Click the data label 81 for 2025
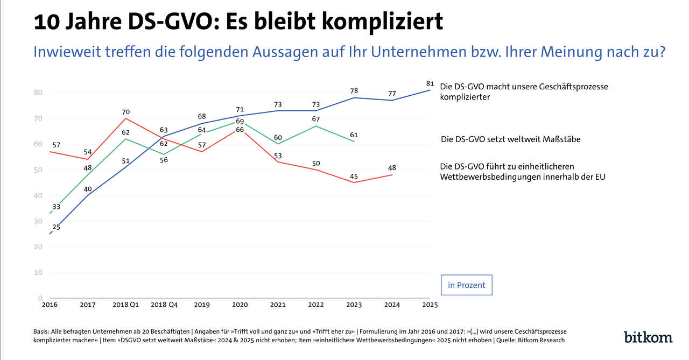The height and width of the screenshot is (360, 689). click(430, 83)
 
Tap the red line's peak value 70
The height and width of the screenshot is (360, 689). click(125, 112)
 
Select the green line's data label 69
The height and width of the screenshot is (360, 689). click(240, 121)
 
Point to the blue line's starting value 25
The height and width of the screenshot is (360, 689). click(57, 227)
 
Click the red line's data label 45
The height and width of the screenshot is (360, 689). click(354, 177)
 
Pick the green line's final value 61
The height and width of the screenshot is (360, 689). click(354, 135)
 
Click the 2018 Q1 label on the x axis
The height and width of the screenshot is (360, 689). click(125, 305)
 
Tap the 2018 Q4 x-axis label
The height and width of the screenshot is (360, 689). click(164, 305)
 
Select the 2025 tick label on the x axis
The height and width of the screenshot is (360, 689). click(430, 305)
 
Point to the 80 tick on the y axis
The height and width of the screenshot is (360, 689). click(38, 93)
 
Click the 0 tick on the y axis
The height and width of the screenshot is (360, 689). click(40, 298)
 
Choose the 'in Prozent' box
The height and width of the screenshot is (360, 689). click(466, 285)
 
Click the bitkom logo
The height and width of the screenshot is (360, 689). click(648, 337)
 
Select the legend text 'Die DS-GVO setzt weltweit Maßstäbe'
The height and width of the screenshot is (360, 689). click(511, 139)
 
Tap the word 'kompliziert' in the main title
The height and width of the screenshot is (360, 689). click(382, 22)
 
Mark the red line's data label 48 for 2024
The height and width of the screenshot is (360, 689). click(392, 168)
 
